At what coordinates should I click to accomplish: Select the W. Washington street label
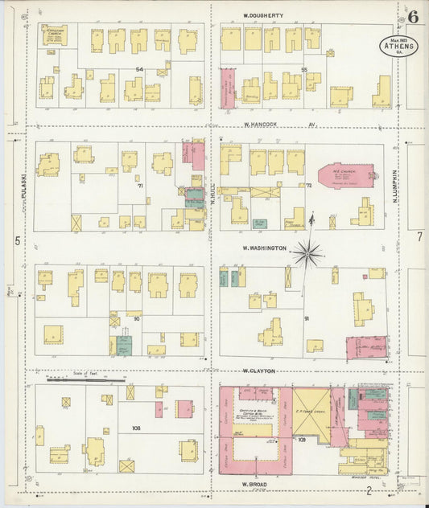[264, 248]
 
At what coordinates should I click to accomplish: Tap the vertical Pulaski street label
[25, 188]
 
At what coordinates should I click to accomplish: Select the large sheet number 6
[412, 16]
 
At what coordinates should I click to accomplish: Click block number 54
[138, 70]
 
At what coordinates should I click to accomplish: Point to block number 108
[136, 428]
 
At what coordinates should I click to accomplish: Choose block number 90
[137, 319]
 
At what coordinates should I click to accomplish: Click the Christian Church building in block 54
[55, 35]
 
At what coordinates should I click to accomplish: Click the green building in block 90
[123, 346]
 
